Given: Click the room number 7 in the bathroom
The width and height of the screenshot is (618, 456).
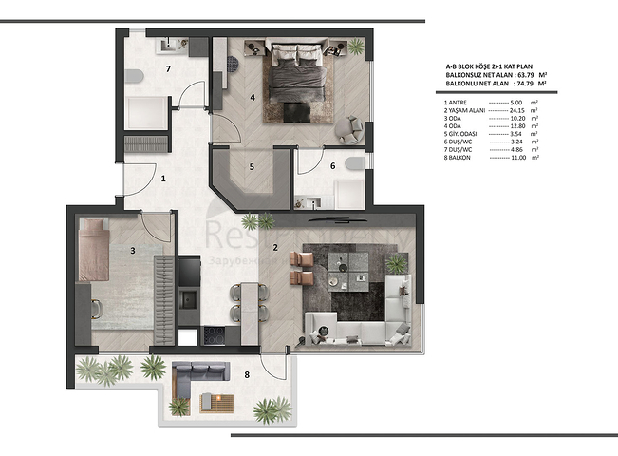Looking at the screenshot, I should [x=168, y=69].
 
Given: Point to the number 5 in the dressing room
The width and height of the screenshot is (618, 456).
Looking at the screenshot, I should [x=251, y=167].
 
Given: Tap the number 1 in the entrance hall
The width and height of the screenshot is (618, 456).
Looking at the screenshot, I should [x=163, y=179].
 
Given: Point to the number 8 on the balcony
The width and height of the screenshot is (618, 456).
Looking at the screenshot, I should [x=247, y=374].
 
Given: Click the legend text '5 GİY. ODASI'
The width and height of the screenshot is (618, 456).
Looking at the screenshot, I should [x=465, y=132].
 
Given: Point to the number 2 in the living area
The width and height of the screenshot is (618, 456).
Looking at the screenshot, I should [x=274, y=248].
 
